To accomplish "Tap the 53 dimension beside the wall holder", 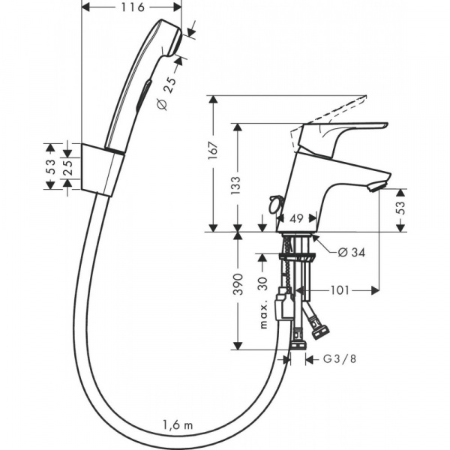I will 51,166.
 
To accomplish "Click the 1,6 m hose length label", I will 178,425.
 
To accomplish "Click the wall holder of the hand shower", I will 99,169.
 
